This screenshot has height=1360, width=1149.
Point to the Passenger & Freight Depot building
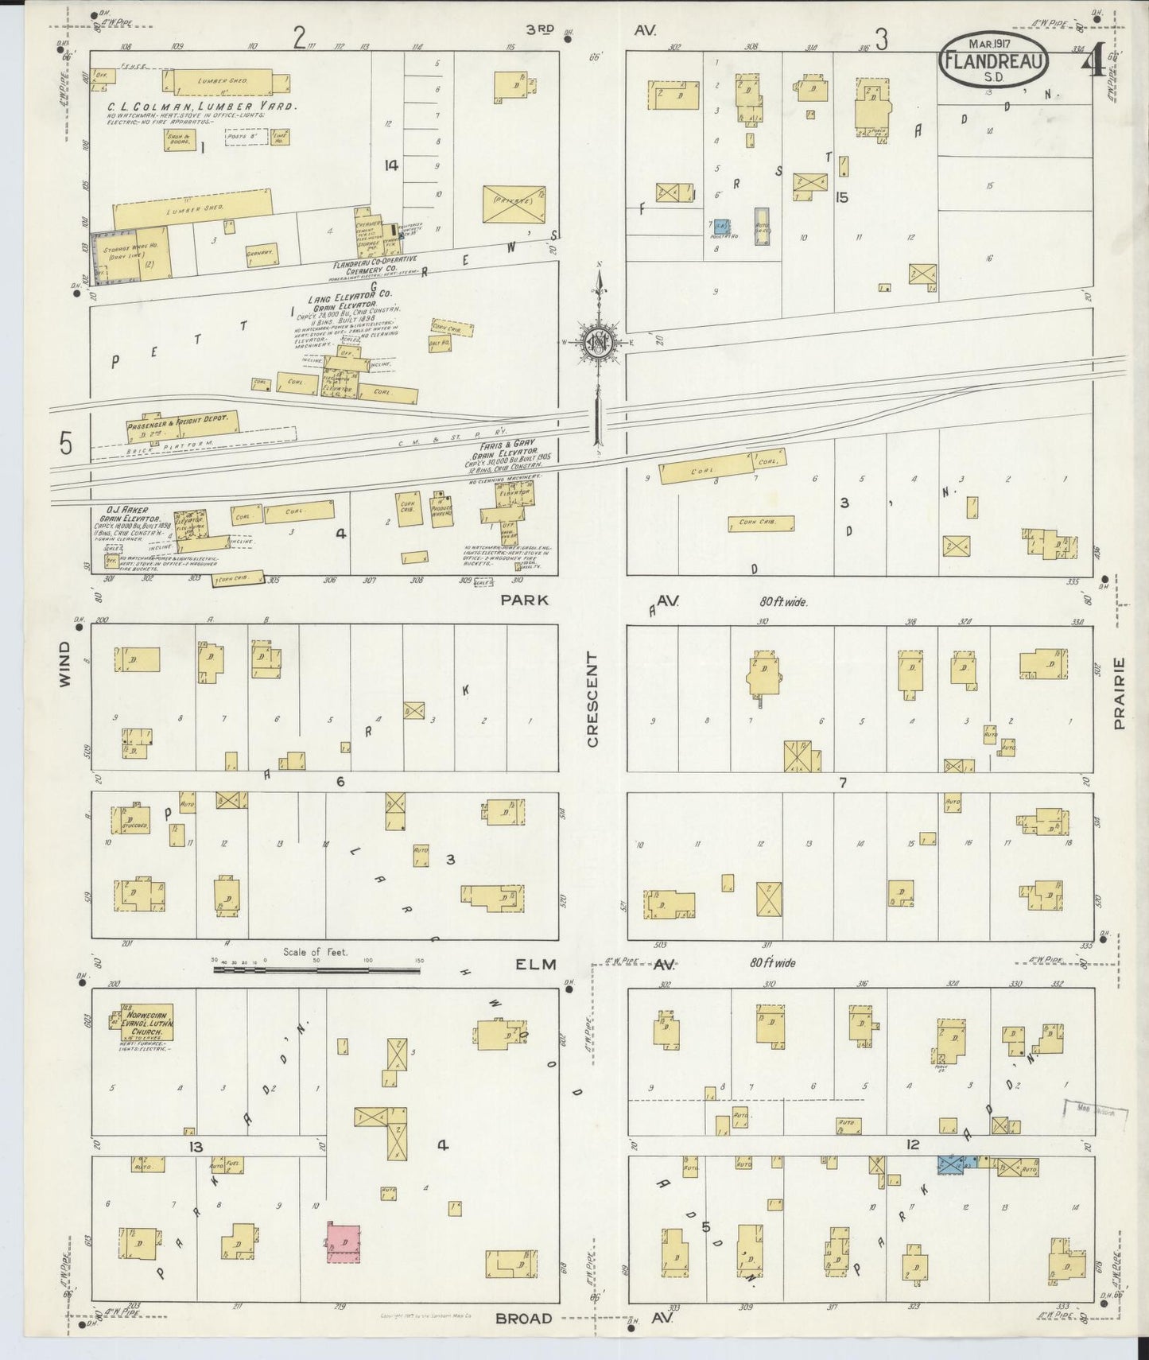click(x=182, y=425)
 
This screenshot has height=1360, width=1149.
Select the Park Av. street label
click(x=525, y=600)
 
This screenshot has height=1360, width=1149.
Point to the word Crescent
click(x=592, y=700)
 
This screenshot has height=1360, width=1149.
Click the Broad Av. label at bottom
click(x=524, y=1319)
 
